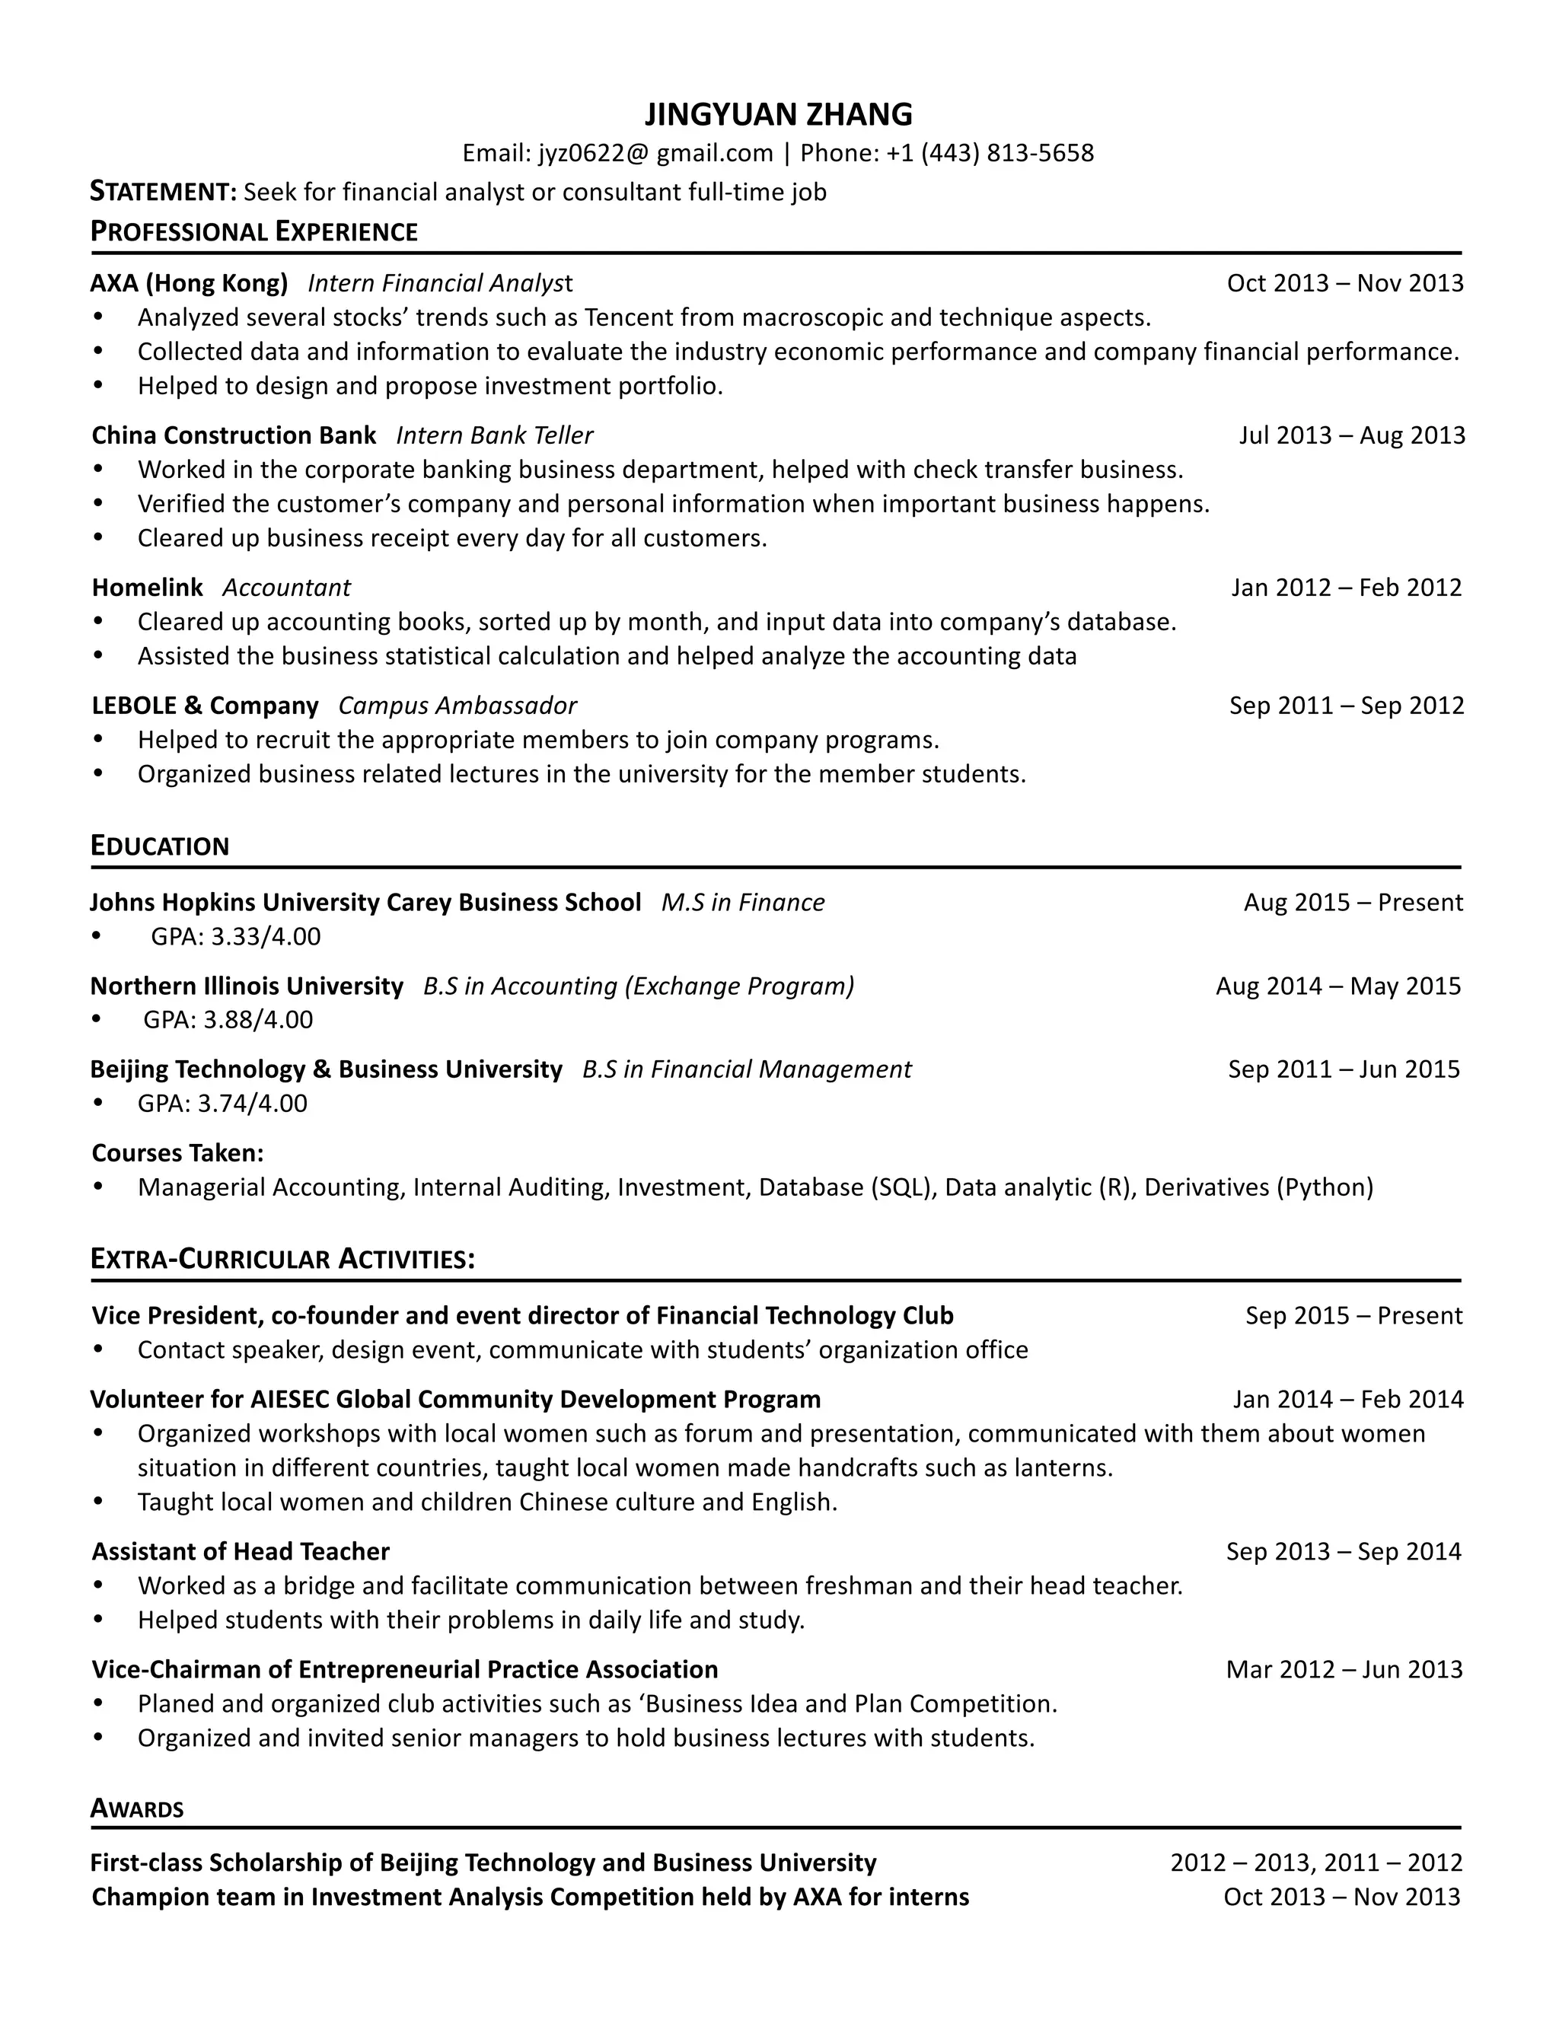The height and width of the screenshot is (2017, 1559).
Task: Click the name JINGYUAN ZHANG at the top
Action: click(x=779, y=114)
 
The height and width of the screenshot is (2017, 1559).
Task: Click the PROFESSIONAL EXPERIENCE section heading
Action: click(x=254, y=232)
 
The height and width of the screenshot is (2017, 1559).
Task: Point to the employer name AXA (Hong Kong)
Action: click(x=190, y=282)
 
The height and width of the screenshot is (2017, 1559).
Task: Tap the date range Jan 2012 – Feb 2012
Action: click(x=1346, y=588)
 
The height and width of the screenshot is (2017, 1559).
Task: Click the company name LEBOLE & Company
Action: click(x=205, y=706)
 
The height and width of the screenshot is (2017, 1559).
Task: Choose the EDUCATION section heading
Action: click(x=160, y=846)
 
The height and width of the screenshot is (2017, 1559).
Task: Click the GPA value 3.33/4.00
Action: click(x=266, y=936)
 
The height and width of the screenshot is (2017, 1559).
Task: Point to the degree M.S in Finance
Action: click(x=742, y=902)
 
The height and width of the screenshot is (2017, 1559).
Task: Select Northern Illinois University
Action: click(x=247, y=986)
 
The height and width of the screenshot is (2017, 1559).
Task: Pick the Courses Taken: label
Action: click(x=178, y=1152)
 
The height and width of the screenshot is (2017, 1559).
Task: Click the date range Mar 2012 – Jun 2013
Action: click(x=1344, y=1670)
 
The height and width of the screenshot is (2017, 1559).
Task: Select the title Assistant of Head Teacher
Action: click(x=240, y=1551)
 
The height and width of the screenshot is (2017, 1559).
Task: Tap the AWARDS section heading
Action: click(x=137, y=1808)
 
